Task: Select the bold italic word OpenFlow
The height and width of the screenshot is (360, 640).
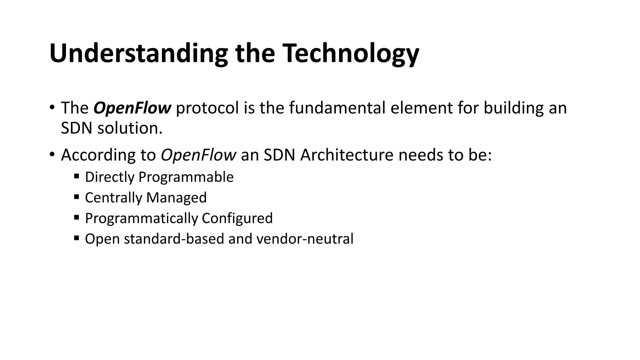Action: click(132, 108)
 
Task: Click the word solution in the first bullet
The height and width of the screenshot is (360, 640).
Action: click(130, 128)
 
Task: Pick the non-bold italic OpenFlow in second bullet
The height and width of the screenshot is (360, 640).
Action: click(198, 155)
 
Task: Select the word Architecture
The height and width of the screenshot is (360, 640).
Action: click(347, 155)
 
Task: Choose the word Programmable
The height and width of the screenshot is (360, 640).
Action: click(186, 177)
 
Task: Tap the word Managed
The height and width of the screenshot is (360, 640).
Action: click(176, 198)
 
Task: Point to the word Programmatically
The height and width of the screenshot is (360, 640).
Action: click(141, 218)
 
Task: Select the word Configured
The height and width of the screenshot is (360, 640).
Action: click(237, 218)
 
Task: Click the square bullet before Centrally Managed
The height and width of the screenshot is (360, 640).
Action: click(77, 197)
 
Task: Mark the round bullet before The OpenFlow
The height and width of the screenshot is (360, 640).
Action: click(52, 107)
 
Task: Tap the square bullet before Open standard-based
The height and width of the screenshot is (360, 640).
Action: click(77, 238)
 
